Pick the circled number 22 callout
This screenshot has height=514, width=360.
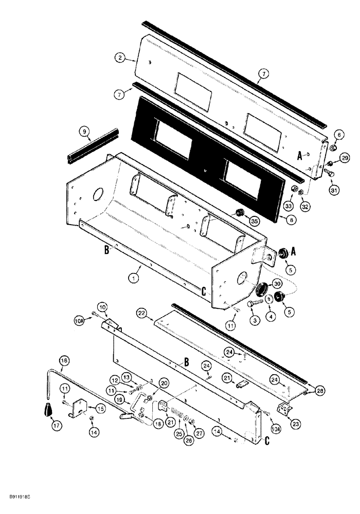click(141, 313)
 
